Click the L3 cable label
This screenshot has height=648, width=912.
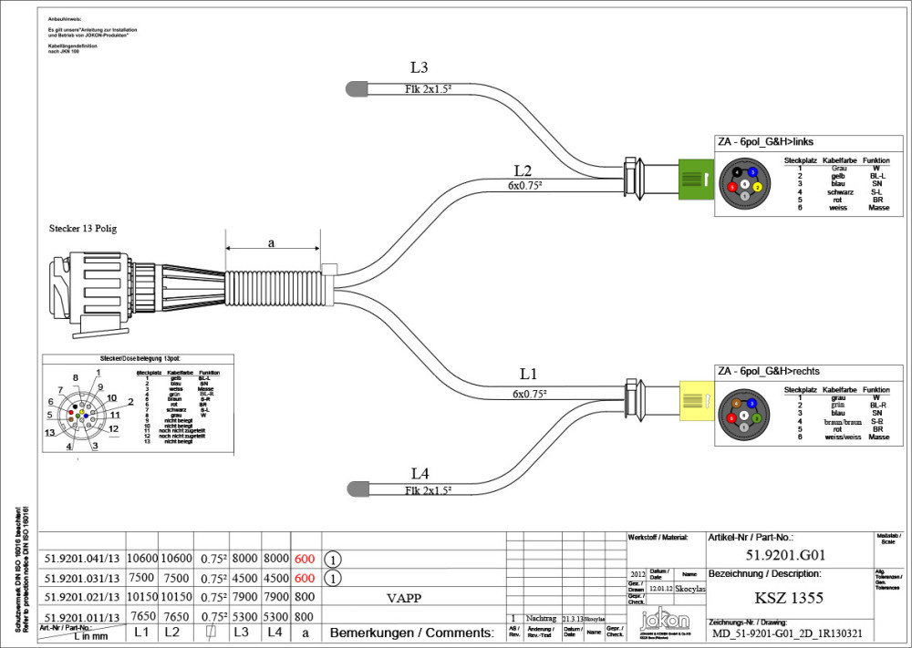click(420, 67)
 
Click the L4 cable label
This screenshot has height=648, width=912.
click(420, 473)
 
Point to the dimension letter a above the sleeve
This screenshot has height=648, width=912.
click(271, 243)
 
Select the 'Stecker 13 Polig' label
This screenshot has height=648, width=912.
click(83, 228)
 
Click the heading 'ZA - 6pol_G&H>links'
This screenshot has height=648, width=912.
click(765, 141)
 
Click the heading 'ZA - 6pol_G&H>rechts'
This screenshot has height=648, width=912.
click(769, 372)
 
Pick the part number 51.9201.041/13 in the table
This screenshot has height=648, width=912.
click(82, 558)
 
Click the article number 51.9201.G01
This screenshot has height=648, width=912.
click(785, 554)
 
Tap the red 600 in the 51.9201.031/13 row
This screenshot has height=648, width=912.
click(305, 578)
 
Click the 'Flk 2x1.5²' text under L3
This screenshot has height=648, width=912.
click(429, 89)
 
